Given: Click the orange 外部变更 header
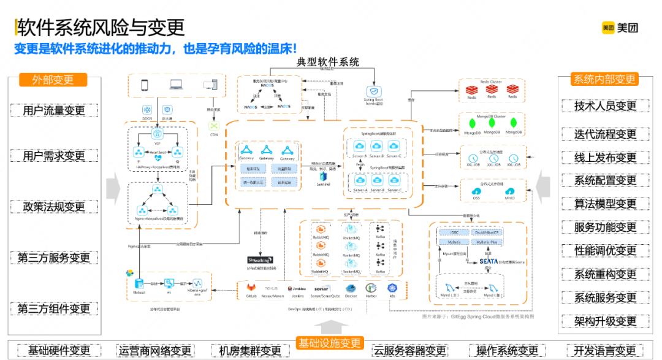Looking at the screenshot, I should [53, 80].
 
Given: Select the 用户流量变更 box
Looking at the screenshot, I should [54, 111].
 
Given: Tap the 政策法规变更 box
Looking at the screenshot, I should [54, 207].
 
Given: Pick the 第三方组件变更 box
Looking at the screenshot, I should [54, 308].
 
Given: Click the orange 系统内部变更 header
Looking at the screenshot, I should [604, 79].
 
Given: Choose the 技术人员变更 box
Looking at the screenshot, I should [605, 106].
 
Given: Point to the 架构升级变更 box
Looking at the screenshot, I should [605, 321].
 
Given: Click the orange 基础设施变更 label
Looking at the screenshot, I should [330, 343].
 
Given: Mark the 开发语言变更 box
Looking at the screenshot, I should [604, 351].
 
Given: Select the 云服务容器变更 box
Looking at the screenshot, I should [409, 351].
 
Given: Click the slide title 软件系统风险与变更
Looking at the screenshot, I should [101, 28].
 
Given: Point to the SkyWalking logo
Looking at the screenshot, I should [260, 260].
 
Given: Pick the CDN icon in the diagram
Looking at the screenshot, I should [213, 126].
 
